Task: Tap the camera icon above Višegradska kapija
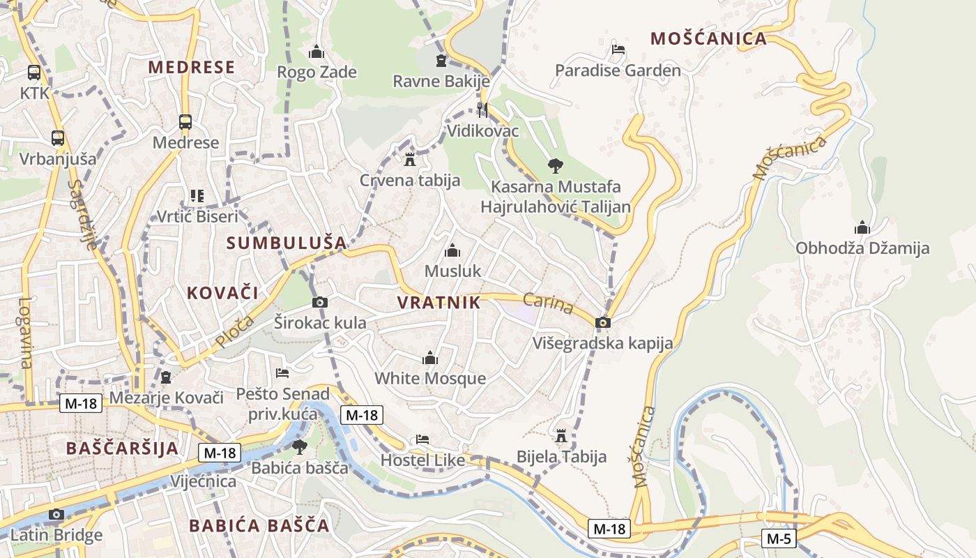pyautogui.click(x=603, y=322)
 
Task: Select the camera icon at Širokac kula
pyautogui.click(x=320, y=302)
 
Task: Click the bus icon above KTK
pyautogui.click(x=33, y=72)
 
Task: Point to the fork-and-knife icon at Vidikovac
pyautogui.click(x=482, y=110)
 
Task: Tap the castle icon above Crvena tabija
pyautogui.click(x=410, y=160)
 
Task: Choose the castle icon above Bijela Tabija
pyautogui.click(x=561, y=436)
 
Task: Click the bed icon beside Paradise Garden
pyautogui.click(x=618, y=50)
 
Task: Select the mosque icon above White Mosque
pyautogui.click(x=430, y=359)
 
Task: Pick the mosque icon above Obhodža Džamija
pyautogui.click(x=862, y=227)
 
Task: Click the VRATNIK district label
pyautogui.click(x=439, y=303)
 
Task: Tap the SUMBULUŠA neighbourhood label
pyautogui.click(x=287, y=243)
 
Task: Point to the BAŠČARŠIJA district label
pyautogui.click(x=122, y=448)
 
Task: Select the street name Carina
pyautogui.click(x=547, y=303)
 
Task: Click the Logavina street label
pyautogui.click(x=26, y=333)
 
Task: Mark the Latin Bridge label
pyautogui.click(x=56, y=536)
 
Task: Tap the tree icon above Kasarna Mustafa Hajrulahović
pyautogui.click(x=556, y=166)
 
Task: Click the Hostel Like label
pyautogui.click(x=422, y=460)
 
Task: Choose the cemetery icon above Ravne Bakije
pyautogui.click(x=441, y=61)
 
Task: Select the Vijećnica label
pyautogui.click(x=203, y=481)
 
